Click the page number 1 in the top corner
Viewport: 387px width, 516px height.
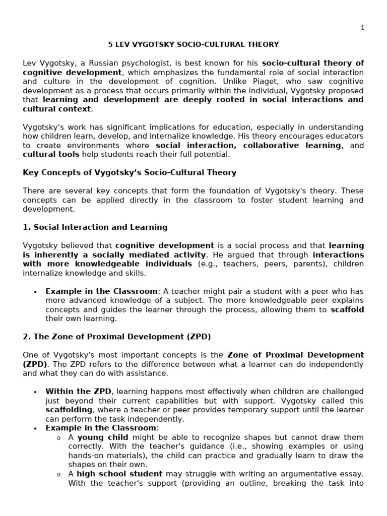click(x=362, y=28)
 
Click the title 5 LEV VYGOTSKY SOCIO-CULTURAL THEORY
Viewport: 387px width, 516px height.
click(x=193, y=45)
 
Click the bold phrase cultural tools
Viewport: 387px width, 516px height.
click(x=51, y=154)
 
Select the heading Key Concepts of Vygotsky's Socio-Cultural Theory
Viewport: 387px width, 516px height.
click(x=130, y=173)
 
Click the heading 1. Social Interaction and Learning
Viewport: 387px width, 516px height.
click(x=95, y=227)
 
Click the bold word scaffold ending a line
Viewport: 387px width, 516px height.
click(x=347, y=309)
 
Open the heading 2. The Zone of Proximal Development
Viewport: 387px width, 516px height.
click(x=117, y=337)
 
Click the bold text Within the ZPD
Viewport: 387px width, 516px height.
click(x=78, y=392)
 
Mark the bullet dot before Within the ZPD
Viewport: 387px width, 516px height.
click(x=35, y=392)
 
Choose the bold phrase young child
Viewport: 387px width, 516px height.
click(x=103, y=437)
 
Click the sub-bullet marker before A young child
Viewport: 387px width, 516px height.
click(x=59, y=437)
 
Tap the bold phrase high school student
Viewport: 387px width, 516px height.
click(x=119, y=474)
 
